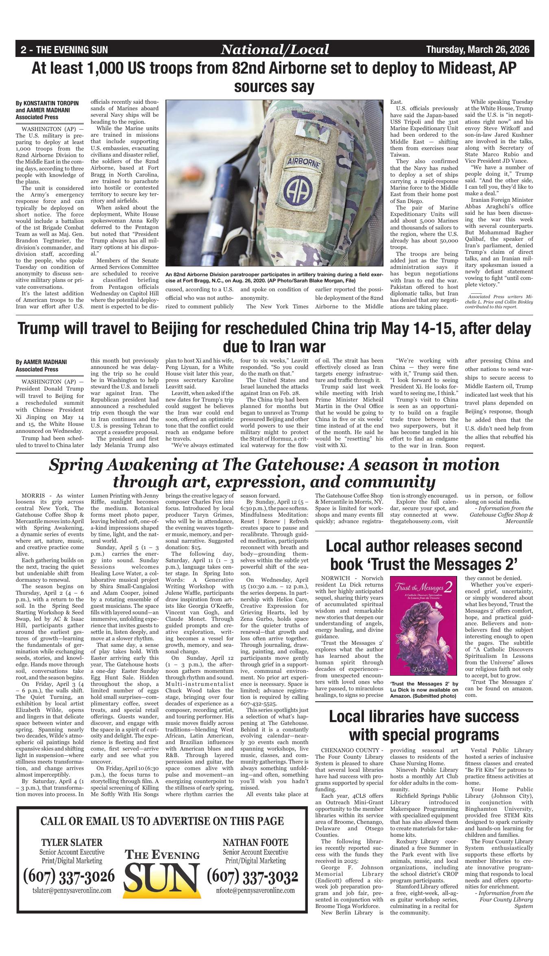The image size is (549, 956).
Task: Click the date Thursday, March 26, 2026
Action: coord(477,50)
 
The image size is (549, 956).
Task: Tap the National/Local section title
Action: coord(274,50)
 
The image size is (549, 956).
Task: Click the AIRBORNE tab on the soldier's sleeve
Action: coord(304,162)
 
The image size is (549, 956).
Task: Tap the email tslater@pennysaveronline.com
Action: coord(72,890)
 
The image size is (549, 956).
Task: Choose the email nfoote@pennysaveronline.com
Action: coord(255,890)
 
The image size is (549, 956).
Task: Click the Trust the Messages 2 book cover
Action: coord(423,626)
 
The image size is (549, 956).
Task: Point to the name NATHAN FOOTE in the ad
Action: coord(255,841)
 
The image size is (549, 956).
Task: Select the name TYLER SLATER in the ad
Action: coord(72,841)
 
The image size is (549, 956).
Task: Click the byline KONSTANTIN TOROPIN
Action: coord(47,103)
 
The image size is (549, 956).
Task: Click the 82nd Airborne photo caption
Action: coord(274,277)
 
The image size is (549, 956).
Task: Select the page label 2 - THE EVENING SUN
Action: coord(64,50)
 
